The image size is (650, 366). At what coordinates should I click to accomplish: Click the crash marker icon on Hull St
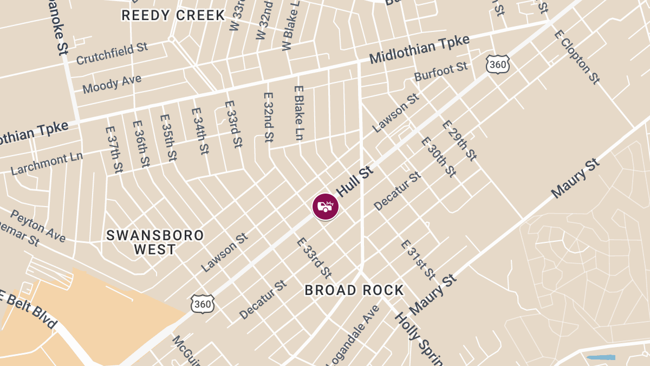coord(325,207)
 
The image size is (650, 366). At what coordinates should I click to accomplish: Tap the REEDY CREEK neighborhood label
coord(173,15)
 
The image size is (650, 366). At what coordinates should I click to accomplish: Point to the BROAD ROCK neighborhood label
coord(354,291)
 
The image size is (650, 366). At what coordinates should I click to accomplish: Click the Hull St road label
coord(355,182)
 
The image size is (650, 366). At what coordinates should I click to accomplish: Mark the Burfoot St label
coord(441,72)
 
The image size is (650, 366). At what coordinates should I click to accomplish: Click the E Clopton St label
coord(577,57)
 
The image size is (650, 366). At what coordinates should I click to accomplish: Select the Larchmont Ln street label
coord(47,164)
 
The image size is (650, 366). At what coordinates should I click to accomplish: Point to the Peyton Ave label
coord(38,226)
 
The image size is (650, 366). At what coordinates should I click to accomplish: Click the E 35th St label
coord(168,137)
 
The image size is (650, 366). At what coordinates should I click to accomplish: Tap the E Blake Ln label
coord(298,113)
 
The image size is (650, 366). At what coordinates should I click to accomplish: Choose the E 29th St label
coord(459,140)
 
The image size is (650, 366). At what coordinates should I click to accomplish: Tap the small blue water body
coord(601,357)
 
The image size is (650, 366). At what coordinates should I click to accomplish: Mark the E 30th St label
coord(438,157)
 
